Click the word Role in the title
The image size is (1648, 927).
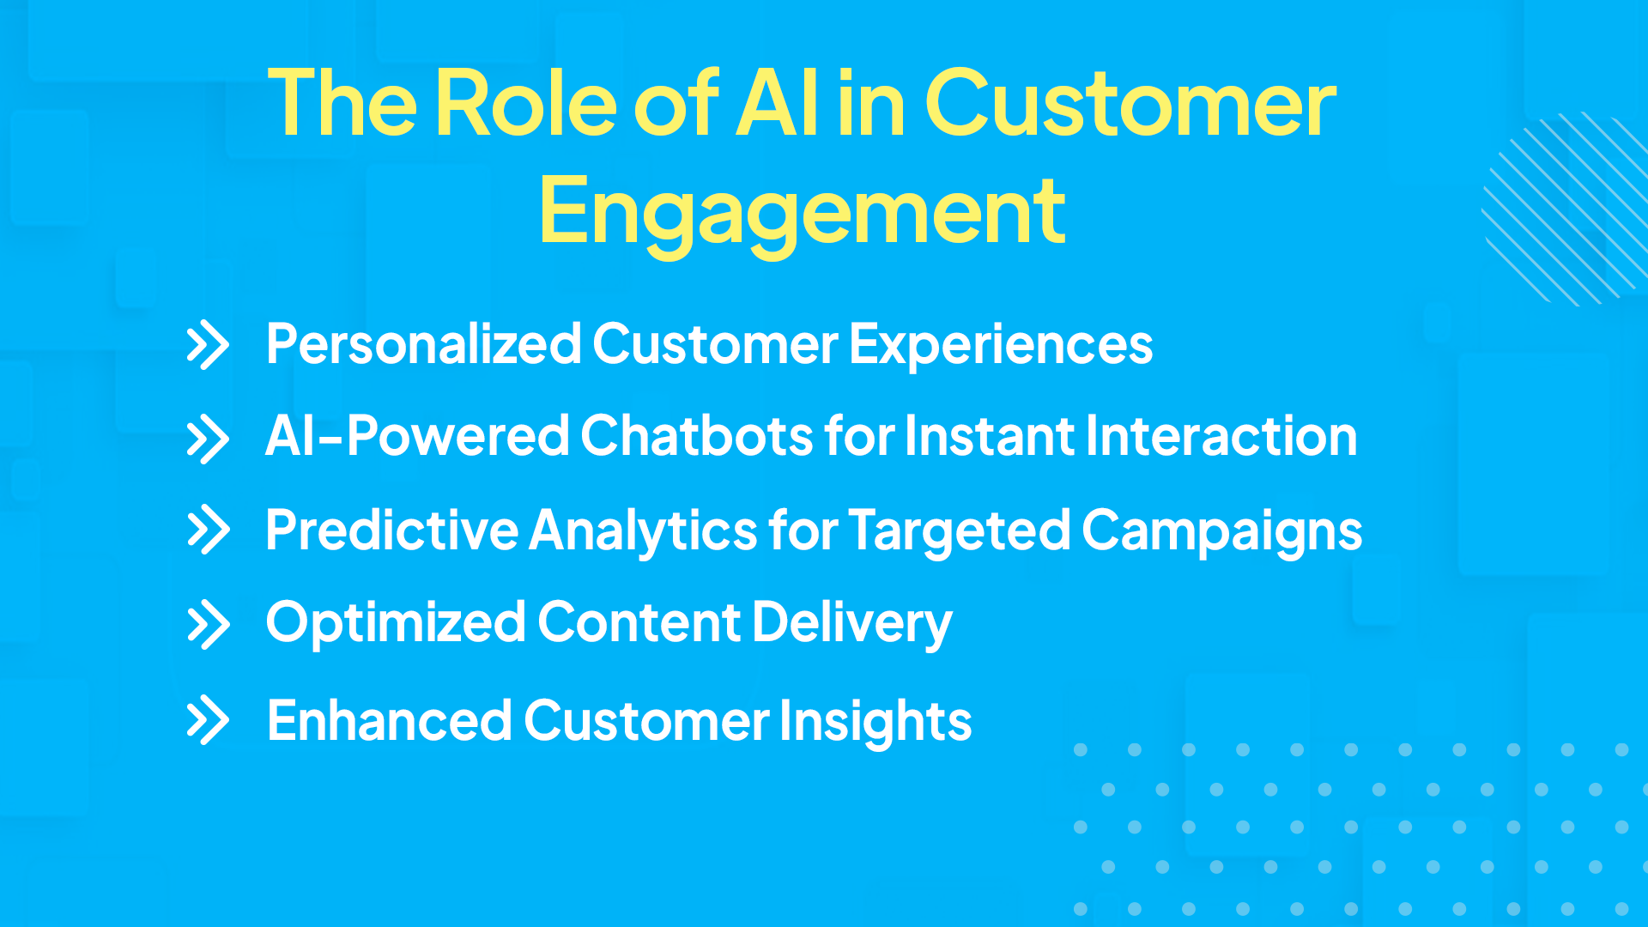pyautogui.click(x=525, y=105)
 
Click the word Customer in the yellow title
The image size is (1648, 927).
pyautogui.click(x=1130, y=105)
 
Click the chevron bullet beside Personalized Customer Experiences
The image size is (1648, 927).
pyautogui.click(x=208, y=346)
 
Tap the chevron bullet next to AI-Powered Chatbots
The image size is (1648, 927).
pyautogui.click(x=208, y=439)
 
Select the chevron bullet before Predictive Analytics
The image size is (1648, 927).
pyautogui.click(x=208, y=530)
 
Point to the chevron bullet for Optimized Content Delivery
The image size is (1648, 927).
pyautogui.click(x=208, y=625)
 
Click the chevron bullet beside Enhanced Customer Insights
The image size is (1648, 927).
pyautogui.click(x=208, y=720)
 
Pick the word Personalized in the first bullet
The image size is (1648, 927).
pyautogui.click(x=424, y=346)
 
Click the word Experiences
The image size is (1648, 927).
pyautogui.click(x=1001, y=346)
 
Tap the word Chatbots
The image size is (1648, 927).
pyautogui.click(x=696, y=436)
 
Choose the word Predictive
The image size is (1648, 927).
pyautogui.click(x=391, y=530)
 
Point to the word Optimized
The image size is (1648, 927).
pyautogui.click(x=395, y=623)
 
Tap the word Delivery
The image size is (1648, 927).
pyautogui.click(x=852, y=623)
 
